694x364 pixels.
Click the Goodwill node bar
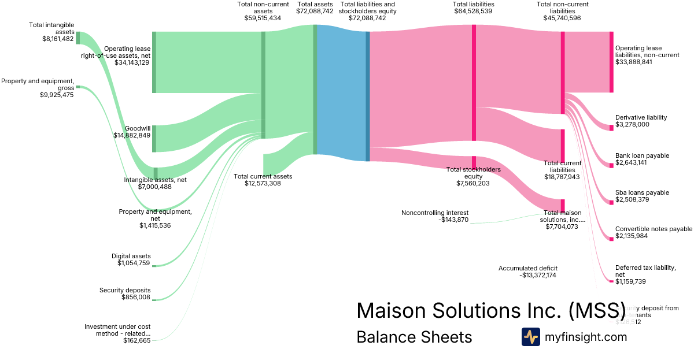[154, 138]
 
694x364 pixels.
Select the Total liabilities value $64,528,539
[473, 11]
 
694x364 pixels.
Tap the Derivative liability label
[641, 117]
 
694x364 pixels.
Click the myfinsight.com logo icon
[530, 337]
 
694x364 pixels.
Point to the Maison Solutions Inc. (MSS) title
[490, 310]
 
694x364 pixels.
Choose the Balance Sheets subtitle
[414, 337]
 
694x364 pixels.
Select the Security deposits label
[125, 290]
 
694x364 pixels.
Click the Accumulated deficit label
[528, 268]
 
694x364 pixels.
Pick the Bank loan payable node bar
[611, 165]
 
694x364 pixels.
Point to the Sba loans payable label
[642, 192]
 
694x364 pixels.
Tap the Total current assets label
[263, 176]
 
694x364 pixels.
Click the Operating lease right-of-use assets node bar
[154, 62]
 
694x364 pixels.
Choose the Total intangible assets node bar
[78, 38]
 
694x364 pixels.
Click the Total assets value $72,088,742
[315, 11]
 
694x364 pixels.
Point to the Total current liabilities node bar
[563, 146]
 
